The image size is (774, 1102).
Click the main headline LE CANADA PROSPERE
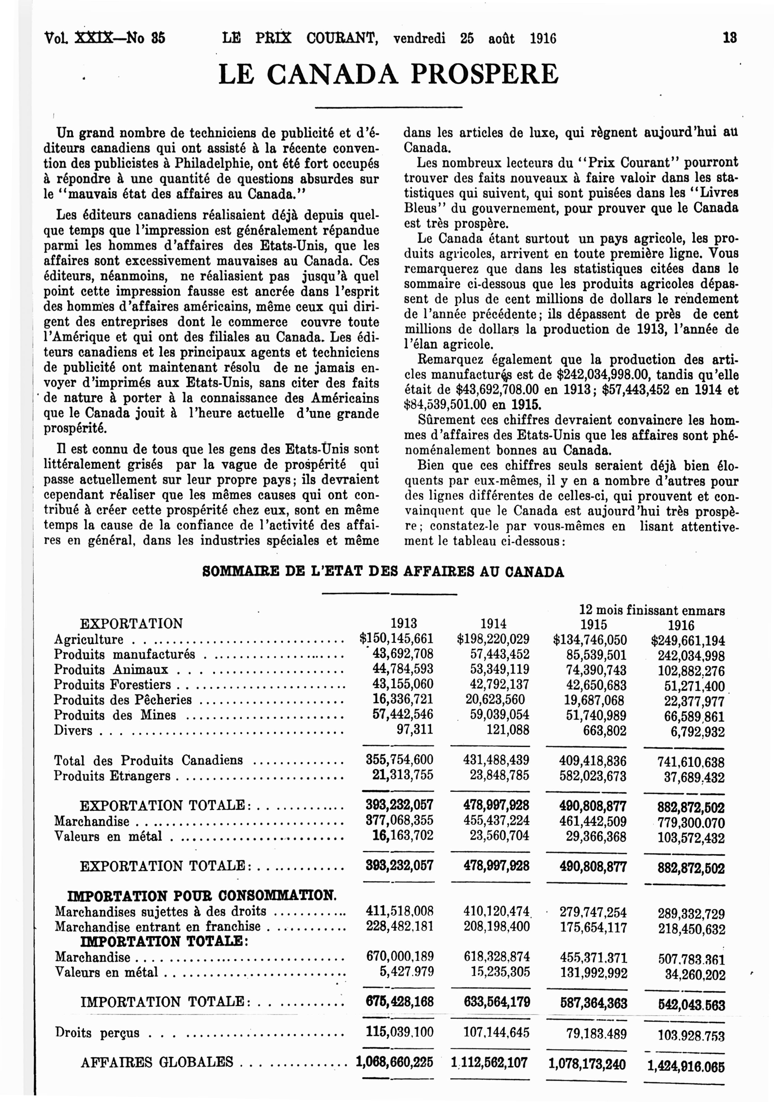point(389,74)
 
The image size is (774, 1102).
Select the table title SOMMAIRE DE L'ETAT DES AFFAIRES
point(383,572)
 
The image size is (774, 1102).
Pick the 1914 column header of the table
point(494,624)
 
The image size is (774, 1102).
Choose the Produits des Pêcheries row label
point(123,700)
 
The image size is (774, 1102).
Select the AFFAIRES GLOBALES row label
point(157,1062)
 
